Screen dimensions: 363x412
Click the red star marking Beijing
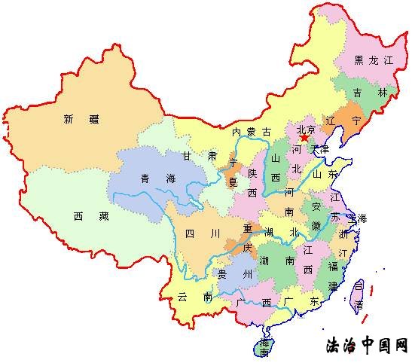coord(304,138)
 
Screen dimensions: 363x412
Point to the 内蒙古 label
coord(252,132)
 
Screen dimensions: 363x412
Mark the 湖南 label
coord(276,261)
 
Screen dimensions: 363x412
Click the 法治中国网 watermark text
coord(366,346)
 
